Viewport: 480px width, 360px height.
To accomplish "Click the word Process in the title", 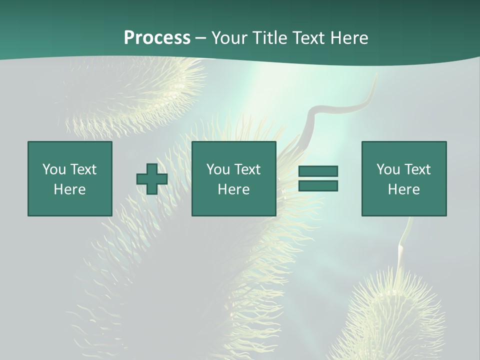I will click(x=157, y=38).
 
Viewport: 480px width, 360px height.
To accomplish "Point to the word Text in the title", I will click(x=307, y=38).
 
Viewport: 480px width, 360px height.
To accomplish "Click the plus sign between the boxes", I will click(x=152, y=179).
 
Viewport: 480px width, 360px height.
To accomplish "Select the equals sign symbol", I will click(x=318, y=178).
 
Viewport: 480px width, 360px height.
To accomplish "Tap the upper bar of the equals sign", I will click(x=318, y=171).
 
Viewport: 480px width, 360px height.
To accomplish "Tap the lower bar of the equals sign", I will click(x=318, y=186).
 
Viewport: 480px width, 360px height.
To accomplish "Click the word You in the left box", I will click(x=54, y=169).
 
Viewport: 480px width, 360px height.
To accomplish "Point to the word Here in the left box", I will click(x=70, y=189).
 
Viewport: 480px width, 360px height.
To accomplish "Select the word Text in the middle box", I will click(x=247, y=169).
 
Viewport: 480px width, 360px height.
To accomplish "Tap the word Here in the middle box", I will click(x=234, y=189).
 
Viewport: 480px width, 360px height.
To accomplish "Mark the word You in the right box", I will click(x=388, y=169).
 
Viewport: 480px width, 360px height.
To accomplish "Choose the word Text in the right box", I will click(x=417, y=169).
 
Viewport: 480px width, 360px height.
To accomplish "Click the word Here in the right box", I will click(x=404, y=189).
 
